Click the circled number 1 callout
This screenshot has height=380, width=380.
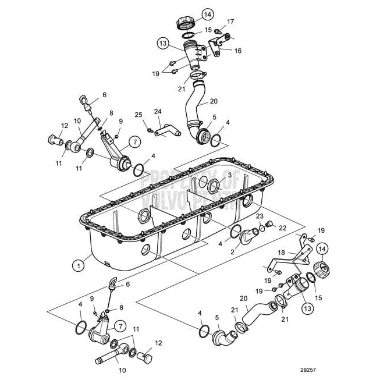click(x=77, y=264)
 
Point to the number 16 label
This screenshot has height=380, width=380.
click(x=237, y=51)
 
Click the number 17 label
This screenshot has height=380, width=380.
click(x=231, y=22)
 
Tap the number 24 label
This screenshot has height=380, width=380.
click(x=157, y=111)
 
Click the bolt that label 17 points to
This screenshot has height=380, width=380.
click(x=218, y=30)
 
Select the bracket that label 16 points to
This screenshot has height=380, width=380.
click(x=219, y=46)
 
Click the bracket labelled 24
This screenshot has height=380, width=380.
click(x=168, y=132)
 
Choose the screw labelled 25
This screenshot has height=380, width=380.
click(x=150, y=124)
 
